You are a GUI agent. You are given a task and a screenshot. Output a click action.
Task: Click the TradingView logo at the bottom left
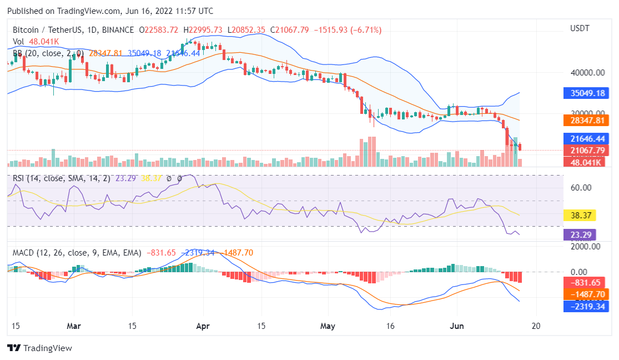tap(39, 348)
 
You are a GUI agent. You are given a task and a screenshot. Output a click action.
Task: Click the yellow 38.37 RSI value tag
tap(580, 216)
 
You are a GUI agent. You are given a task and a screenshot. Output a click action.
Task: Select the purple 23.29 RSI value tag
tap(580, 235)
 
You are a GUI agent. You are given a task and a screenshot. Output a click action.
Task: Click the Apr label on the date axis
tap(203, 326)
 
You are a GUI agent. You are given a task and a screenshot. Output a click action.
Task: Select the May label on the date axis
tap(329, 326)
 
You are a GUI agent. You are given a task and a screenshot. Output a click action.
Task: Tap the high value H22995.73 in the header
tap(213, 30)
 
